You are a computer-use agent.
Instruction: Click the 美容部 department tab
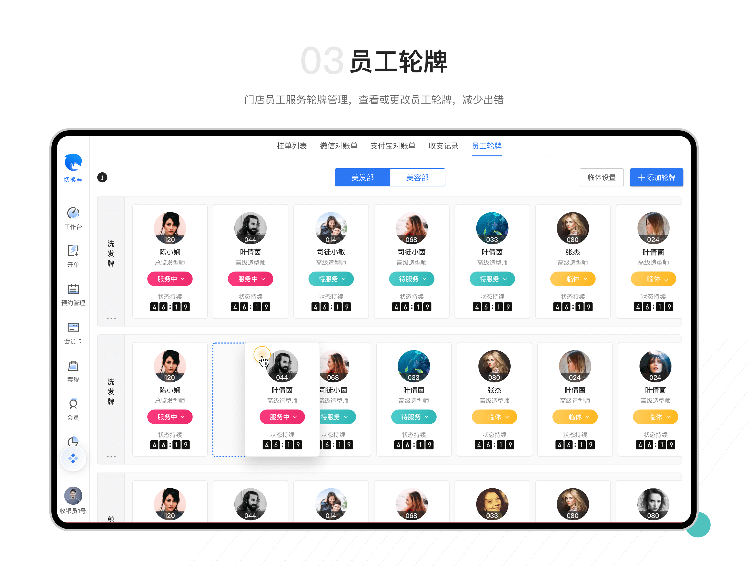417,178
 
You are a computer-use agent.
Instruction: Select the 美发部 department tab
363,178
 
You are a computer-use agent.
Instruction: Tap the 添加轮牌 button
656,178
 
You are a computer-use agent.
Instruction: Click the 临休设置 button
601,178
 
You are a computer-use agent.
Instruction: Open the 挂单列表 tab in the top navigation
291,146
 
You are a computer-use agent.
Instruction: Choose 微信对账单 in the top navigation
338,146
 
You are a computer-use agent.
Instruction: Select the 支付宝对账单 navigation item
393,146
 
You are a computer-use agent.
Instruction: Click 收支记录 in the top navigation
443,146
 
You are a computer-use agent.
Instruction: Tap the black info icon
102,178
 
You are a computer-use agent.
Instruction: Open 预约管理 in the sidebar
73,289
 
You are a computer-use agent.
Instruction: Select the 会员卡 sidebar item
73,328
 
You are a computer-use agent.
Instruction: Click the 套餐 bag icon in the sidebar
73,366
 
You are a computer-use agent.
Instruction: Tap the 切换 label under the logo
73,180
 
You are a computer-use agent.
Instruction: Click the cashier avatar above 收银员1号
73,496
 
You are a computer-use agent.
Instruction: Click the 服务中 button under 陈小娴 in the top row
170,279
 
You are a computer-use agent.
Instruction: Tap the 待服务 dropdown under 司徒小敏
331,279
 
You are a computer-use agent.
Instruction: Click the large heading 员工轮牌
399,62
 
